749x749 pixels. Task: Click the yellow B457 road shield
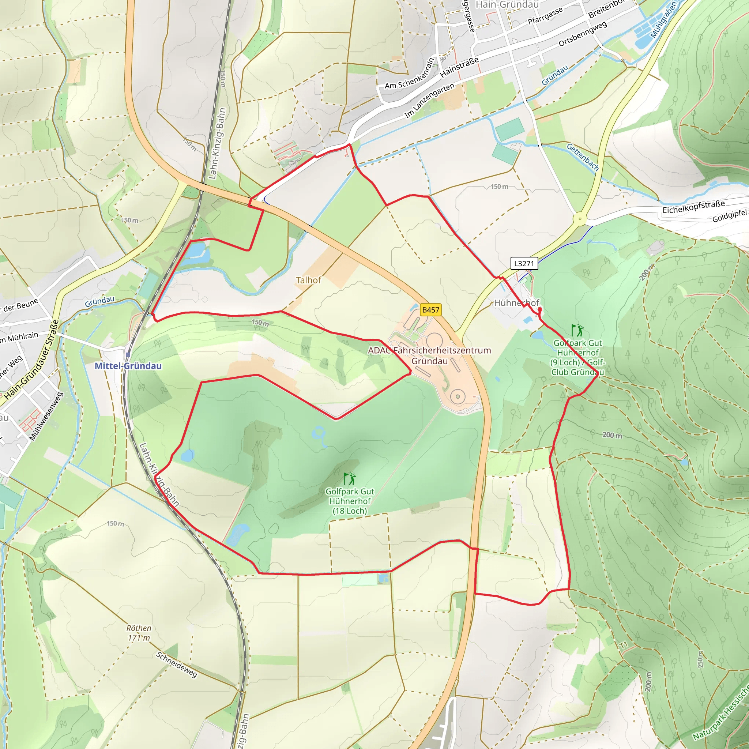[x=430, y=310]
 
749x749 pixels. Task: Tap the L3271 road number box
[x=524, y=264]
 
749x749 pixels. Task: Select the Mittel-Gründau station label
[x=128, y=366]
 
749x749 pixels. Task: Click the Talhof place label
[x=308, y=280]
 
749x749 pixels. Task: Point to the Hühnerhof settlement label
[x=516, y=303]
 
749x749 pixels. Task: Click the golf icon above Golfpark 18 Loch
[x=350, y=479]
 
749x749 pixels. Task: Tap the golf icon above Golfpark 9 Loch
[x=577, y=330]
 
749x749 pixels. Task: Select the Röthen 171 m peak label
[x=139, y=633]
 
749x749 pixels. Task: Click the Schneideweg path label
[x=177, y=665]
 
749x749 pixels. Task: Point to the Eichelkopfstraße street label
[x=693, y=207]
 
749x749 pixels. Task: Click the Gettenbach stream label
[x=583, y=157]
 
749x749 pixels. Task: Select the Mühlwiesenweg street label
[x=46, y=416]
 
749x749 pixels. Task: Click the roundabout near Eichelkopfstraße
[x=580, y=219]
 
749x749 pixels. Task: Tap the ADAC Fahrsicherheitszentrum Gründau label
[x=429, y=355]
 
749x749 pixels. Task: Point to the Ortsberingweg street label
[x=582, y=34]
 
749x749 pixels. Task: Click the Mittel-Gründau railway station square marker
[x=128, y=354]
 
